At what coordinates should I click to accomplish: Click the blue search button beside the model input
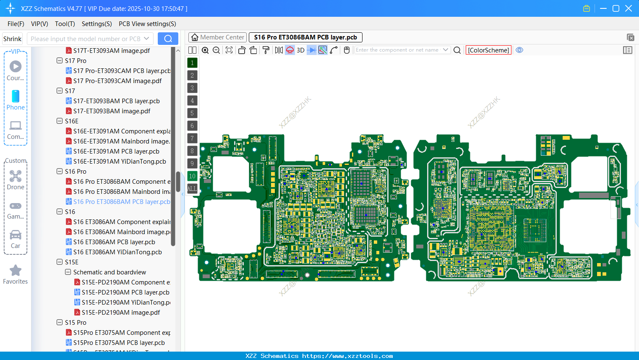click(x=168, y=39)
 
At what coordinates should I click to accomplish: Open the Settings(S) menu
click(x=97, y=24)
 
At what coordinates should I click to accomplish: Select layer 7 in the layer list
click(x=192, y=138)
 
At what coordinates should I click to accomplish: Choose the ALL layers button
click(x=192, y=188)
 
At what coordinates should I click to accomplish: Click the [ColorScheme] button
click(x=488, y=50)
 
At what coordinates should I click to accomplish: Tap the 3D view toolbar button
click(x=300, y=50)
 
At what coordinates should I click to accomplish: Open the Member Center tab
click(x=217, y=37)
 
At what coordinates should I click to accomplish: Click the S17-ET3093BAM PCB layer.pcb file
click(x=116, y=101)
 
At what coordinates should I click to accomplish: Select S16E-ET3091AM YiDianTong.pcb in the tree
click(x=119, y=162)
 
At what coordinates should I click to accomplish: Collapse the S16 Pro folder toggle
click(x=60, y=171)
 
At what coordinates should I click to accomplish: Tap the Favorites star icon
click(x=16, y=271)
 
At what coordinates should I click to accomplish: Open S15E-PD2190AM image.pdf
click(x=120, y=313)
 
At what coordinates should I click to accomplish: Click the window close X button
click(x=629, y=8)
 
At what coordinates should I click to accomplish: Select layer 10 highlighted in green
click(x=192, y=176)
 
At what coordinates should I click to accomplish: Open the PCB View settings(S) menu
click(x=147, y=24)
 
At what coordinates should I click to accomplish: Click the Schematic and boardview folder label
click(x=110, y=272)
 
